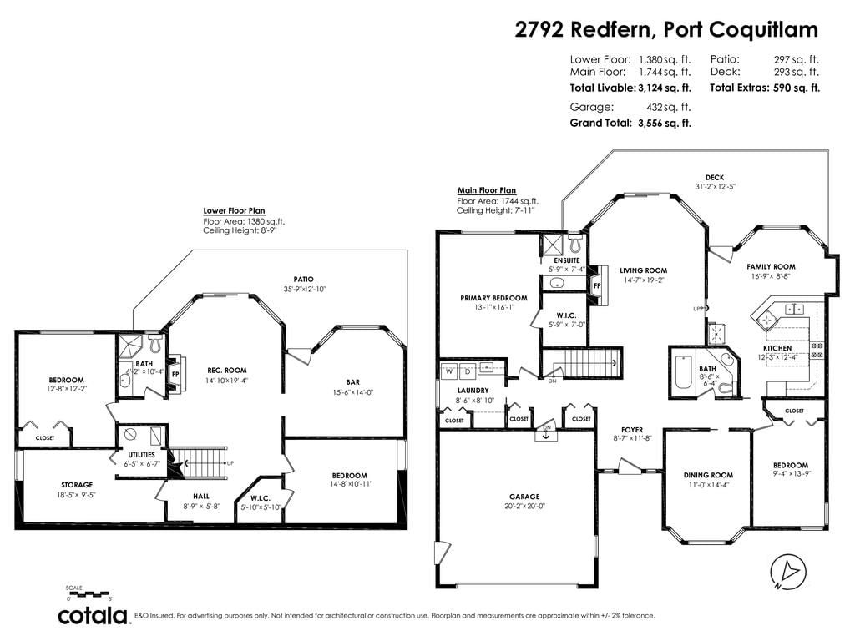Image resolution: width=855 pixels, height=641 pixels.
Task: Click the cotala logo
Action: coord(94,615)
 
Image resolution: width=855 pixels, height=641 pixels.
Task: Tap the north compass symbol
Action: coord(788,573)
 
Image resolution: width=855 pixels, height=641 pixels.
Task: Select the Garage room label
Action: coord(524,497)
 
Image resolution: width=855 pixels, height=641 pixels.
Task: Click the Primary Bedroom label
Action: coord(493,298)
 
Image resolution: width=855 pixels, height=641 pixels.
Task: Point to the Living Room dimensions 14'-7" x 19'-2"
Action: coord(644,280)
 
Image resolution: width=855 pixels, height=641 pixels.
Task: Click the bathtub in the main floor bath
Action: coord(683,372)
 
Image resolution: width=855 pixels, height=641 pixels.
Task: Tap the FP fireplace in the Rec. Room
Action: coord(176,374)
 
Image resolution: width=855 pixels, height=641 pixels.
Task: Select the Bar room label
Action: coord(353,382)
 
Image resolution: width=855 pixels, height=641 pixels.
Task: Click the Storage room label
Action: coord(77,485)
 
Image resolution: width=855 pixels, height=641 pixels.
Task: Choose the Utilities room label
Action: coord(141,455)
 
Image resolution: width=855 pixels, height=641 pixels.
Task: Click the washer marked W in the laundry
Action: coord(450,371)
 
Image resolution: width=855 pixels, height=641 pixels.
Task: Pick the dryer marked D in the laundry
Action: coord(468,371)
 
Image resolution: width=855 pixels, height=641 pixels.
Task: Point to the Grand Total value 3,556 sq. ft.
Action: coord(664,124)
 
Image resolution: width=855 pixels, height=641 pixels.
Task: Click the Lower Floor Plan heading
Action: coord(234,211)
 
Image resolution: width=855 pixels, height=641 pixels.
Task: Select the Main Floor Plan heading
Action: coord(487,190)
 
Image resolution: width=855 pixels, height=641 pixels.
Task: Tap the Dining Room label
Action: coord(708,475)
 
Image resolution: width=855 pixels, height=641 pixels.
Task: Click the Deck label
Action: coord(715,177)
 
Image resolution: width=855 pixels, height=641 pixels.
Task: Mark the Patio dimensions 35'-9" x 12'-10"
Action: coord(304,290)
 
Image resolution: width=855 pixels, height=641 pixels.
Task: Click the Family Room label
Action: coord(771,266)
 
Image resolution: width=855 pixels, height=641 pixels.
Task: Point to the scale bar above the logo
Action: coord(88,593)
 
